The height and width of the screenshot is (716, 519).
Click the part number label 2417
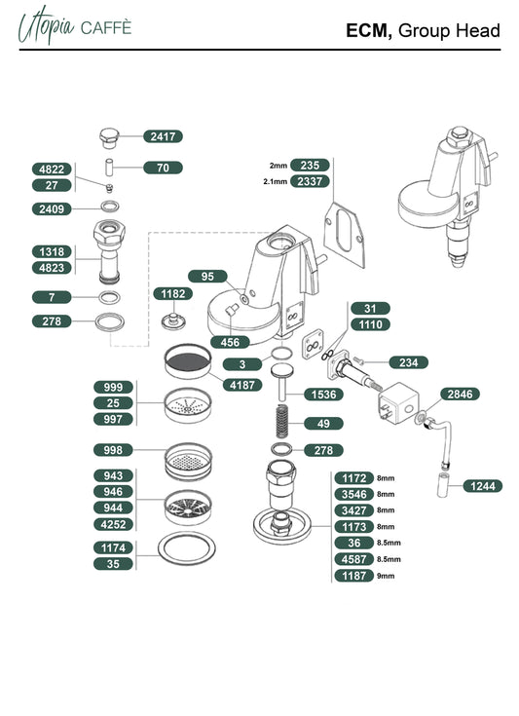pyautogui.click(x=163, y=136)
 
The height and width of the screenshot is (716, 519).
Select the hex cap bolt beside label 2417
pyautogui.click(x=110, y=138)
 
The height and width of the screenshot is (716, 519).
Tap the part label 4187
pyautogui.click(x=242, y=385)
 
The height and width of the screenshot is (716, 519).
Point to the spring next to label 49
pyautogui.click(x=282, y=421)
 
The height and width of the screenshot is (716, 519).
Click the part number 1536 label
pyautogui.click(x=323, y=395)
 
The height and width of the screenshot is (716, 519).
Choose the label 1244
pyautogui.click(x=483, y=486)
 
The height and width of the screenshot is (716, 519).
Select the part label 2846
pyautogui.click(x=461, y=395)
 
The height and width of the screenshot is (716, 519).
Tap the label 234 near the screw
pyautogui.click(x=409, y=362)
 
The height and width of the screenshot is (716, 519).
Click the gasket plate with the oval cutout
pyautogui.click(x=345, y=235)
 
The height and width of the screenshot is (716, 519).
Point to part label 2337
pyautogui.click(x=310, y=181)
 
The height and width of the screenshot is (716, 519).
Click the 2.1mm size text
pyautogui.click(x=276, y=182)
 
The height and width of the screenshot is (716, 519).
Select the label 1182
pyautogui.click(x=173, y=293)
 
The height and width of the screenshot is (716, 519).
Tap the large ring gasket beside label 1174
pyautogui.click(x=187, y=547)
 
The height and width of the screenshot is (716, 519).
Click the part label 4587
pyautogui.click(x=354, y=559)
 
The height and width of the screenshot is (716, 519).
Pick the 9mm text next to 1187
pyautogui.click(x=386, y=576)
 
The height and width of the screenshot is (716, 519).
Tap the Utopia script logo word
pyautogui.click(x=46, y=25)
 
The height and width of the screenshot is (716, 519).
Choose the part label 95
pyautogui.click(x=207, y=277)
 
